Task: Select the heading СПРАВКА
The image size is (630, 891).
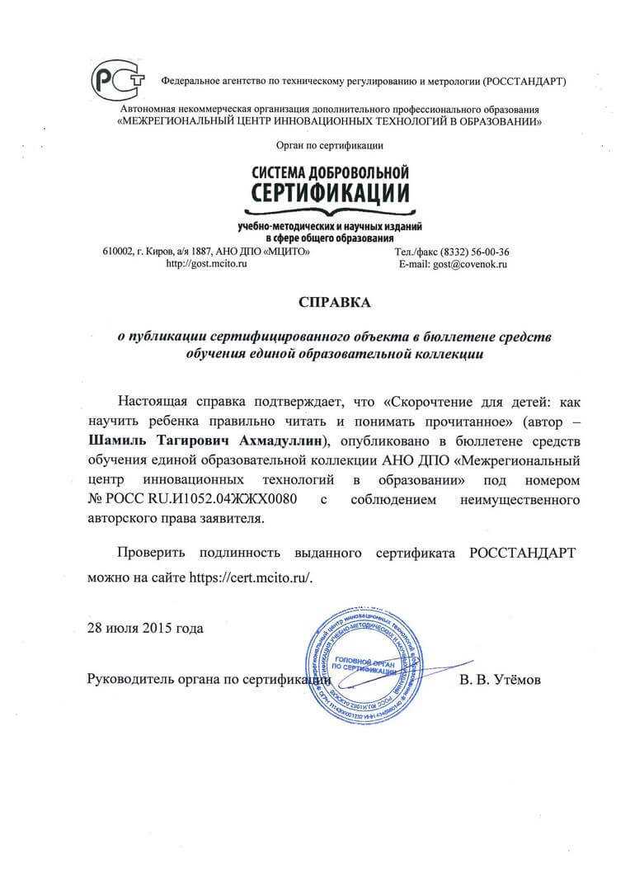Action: pos(335,303)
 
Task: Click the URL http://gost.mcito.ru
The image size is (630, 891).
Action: pos(201,264)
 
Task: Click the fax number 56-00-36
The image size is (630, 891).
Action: pos(488,252)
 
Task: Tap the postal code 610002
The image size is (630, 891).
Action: pos(119,252)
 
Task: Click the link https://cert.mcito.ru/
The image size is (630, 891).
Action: pos(252,577)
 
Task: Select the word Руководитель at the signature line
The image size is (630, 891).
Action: pos(129,680)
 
